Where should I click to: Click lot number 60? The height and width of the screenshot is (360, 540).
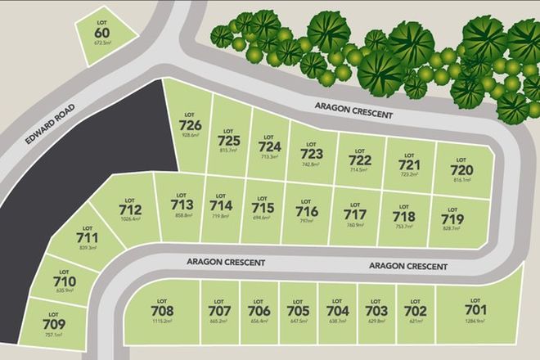coord(102,33)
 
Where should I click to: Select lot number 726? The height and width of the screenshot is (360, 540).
coord(190,124)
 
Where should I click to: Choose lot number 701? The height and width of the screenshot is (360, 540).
coord(475,310)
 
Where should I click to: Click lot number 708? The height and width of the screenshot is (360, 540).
coord(163,311)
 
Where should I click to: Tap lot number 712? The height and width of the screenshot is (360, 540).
coord(130,210)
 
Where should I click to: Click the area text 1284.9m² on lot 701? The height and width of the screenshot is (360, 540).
coord(475,322)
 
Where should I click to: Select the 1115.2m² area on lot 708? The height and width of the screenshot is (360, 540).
coord(163,322)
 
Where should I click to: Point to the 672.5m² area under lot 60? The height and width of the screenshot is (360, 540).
coord(102,43)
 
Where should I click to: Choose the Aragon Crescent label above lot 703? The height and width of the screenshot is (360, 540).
coord(408,266)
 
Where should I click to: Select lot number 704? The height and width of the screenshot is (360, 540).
coord(337,311)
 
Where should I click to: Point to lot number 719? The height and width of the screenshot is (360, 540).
coord(452,219)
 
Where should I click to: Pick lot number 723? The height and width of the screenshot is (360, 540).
coord(312,153)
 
